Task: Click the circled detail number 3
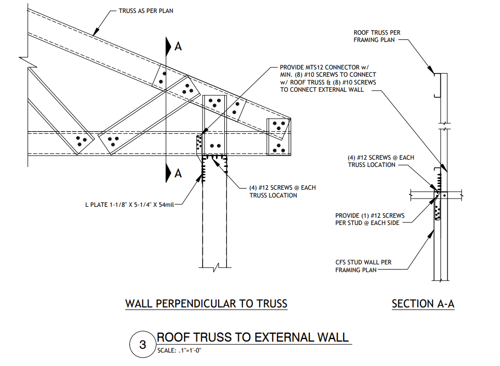click(x=143, y=344)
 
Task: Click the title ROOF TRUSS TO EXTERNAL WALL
click(x=253, y=337)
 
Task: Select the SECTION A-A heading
click(x=423, y=304)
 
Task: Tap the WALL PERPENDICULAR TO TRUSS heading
click(x=206, y=303)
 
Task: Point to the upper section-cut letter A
click(x=178, y=46)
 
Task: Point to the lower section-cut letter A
click(x=178, y=173)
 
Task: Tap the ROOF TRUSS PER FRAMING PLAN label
click(x=377, y=36)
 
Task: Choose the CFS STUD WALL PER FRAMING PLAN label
click(x=363, y=266)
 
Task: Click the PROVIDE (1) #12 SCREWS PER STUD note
click(x=370, y=219)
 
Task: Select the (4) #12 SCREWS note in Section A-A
click(x=380, y=161)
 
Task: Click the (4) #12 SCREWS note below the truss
click(x=275, y=191)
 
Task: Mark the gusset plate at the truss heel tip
click(x=278, y=136)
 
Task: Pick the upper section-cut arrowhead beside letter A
click(x=168, y=46)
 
